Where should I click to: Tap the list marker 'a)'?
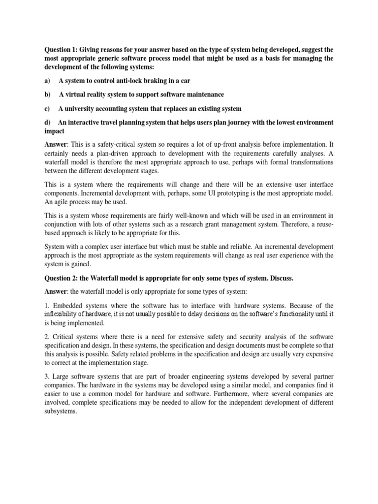pyautogui.click(x=48, y=80)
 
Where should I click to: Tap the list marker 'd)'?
pyautogui.click(x=48, y=122)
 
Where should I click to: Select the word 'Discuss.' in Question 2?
pyautogui.click(x=281, y=278)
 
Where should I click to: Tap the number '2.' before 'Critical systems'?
pyautogui.click(x=48, y=337)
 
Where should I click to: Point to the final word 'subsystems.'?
pyautogui.click(x=61, y=412)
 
